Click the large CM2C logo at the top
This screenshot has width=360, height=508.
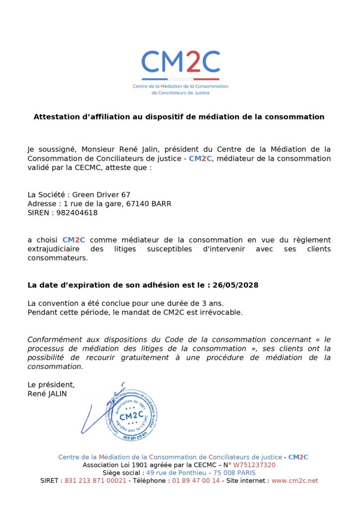click(180, 63)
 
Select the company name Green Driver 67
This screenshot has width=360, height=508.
click(101, 194)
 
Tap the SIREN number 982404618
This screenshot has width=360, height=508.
click(77, 213)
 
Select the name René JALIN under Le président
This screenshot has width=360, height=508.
click(47, 394)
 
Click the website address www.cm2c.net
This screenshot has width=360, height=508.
click(294, 481)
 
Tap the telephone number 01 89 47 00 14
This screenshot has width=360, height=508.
click(196, 481)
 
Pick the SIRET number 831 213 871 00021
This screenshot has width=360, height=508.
click(95, 481)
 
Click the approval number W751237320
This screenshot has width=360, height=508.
click(254, 465)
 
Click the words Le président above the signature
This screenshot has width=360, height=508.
click(51, 384)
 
